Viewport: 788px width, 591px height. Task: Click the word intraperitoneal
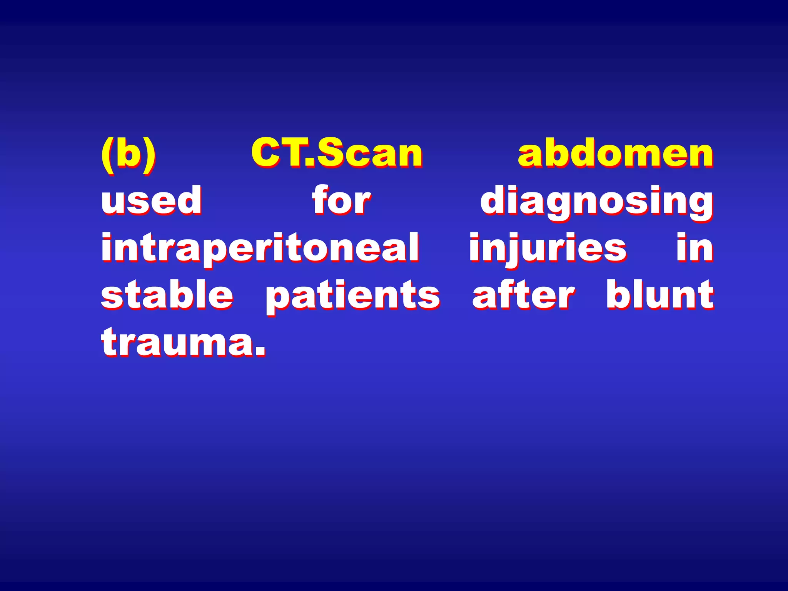click(260, 248)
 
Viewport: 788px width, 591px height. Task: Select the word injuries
click(548, 248)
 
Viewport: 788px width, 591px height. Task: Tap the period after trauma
click(260, 351)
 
